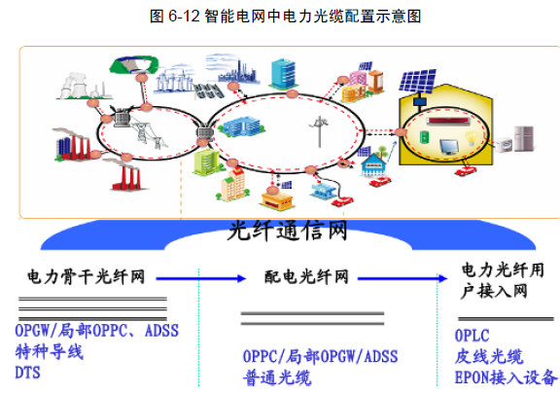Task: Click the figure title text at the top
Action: [x=286, y=17]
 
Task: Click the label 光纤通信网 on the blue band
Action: [x=288, y=231]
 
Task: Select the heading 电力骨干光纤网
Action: [x=87, y=277]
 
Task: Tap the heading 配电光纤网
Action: [x=306, y=277]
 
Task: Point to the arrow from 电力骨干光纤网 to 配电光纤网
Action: [x=201, y=278]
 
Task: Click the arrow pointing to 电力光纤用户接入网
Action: [x=402, y=278]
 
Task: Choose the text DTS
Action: [x=27, y=373]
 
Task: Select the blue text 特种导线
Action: [x=50, y=352]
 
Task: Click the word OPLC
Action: [x=472, y=336]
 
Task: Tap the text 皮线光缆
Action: [x=489, y=356]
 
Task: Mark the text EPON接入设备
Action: [x=506, y=377]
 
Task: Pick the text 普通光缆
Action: [x=277, y=377]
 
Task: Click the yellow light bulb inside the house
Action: [x=472, y=138]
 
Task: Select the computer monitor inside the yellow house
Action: [x=449, y=147]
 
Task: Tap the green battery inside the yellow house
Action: [x=424, y=137]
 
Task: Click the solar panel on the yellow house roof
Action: [x=418, y=81]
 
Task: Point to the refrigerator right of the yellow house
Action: [x=524, y=138]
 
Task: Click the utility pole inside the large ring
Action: [x=319, y=131]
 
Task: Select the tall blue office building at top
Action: [x=284, y=74]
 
